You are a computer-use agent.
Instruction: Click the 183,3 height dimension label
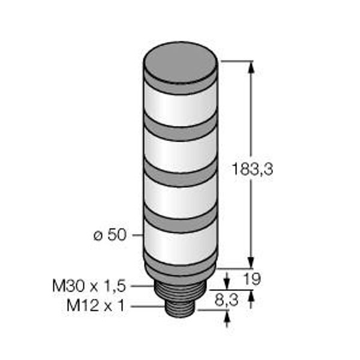point(253,169)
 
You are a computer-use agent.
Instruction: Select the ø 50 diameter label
point(110,235)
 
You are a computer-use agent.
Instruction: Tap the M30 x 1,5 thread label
point(89,286)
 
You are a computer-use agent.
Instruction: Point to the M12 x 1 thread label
point(95,305)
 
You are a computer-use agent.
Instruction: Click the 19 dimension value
point(252,279)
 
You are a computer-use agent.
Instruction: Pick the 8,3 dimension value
point(226,300)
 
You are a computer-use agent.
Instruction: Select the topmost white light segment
point(181,106)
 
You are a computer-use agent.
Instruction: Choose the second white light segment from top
point(181,152)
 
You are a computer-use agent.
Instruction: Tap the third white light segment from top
point(181,197)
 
